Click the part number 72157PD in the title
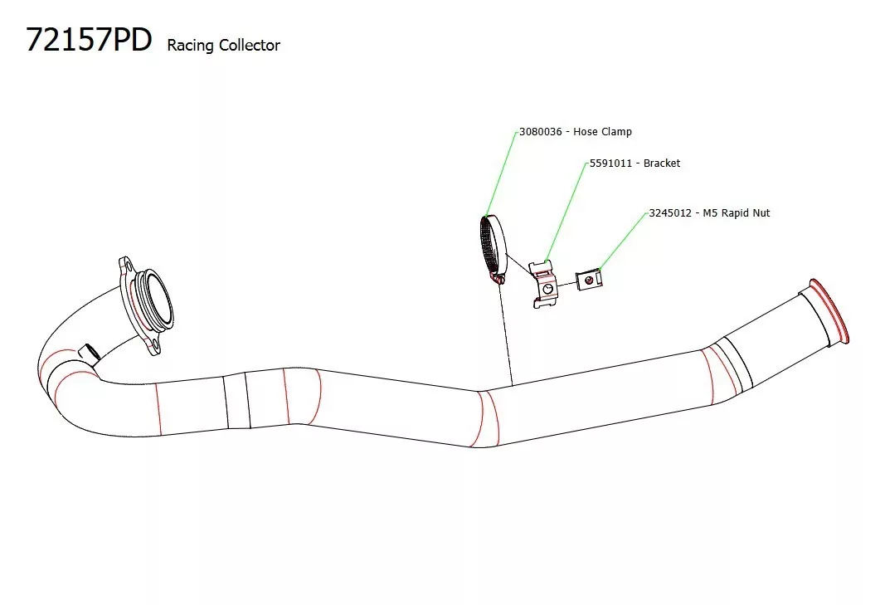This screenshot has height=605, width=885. [x=89, y=40]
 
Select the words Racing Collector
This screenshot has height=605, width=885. [x=223, y=46]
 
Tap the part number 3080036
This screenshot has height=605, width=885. [x=541, y=132]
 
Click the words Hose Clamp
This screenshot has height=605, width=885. [x=602, y=132]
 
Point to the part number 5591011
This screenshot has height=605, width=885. [x=612, y=163]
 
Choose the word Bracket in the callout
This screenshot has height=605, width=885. [x=662, y=163]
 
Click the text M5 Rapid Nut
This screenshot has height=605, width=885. [x=737, y=213]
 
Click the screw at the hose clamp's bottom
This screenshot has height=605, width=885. [x=498, y=280]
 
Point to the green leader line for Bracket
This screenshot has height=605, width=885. [x=565, y=212]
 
